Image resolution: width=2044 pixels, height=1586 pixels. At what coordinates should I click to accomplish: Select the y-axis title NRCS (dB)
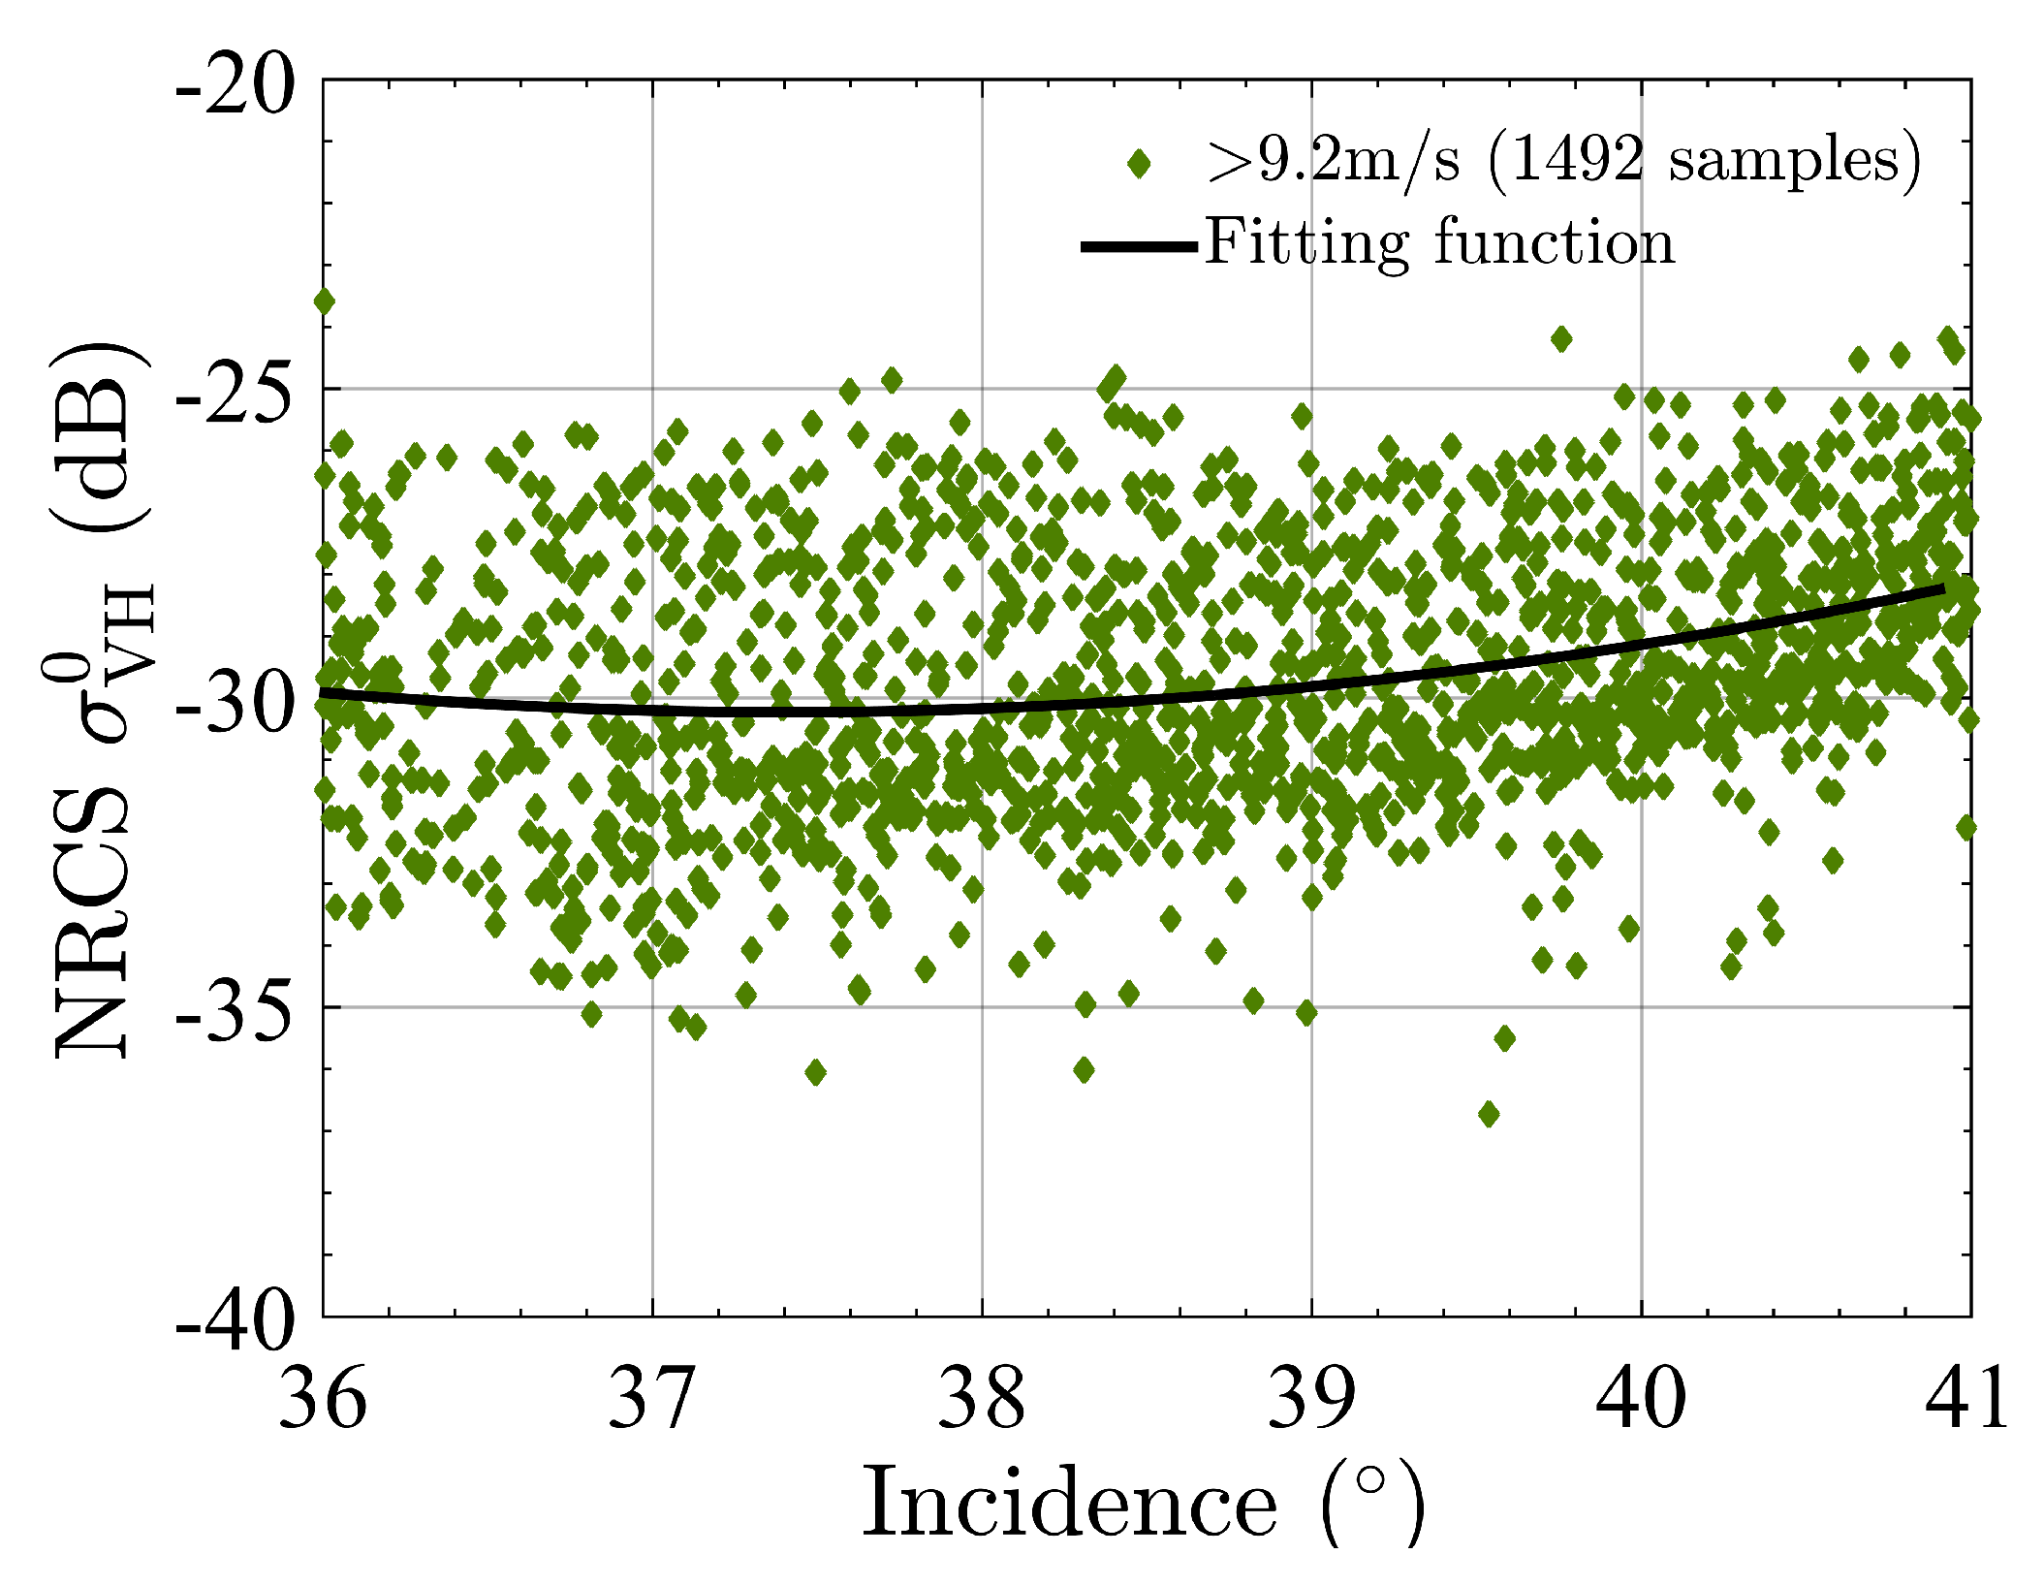click(x=97, y=698)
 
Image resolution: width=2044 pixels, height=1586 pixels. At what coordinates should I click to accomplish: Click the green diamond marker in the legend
click(x=1140, y=164)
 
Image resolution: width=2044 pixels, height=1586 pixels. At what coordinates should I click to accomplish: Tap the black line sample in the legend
click(x=1139, y=246)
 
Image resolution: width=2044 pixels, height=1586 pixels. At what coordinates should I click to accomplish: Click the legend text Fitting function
click(x=1439, y=242)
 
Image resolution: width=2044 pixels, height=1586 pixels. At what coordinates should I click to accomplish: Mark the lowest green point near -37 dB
click(x=1489, y=1114)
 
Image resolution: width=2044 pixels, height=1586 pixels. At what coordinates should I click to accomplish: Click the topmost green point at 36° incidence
click(x=324, y=301)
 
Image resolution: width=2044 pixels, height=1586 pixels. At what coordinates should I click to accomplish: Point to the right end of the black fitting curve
click(x=1943, y=588)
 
